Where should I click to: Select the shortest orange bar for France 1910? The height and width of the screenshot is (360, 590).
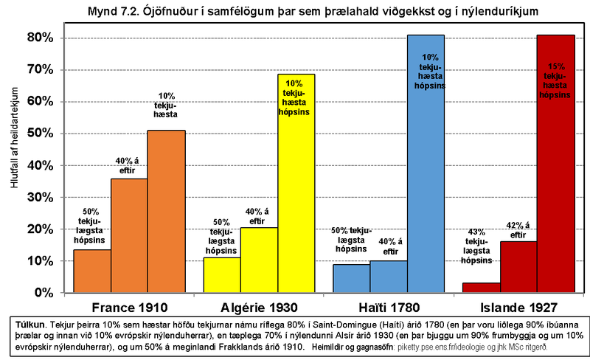pos(92,271)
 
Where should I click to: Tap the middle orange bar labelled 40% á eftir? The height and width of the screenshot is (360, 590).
pos(129,236)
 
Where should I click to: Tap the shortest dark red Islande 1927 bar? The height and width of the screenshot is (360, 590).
pos(482,288)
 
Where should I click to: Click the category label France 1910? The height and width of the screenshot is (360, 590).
pos(129,307)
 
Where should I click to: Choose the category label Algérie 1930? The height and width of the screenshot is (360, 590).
pos(259,307)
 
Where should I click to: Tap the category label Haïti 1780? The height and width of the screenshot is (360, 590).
pos(389,307)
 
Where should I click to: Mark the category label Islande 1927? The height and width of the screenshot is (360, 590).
pos(518,307)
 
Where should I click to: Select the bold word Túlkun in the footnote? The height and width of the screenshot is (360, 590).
pos(33,324)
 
